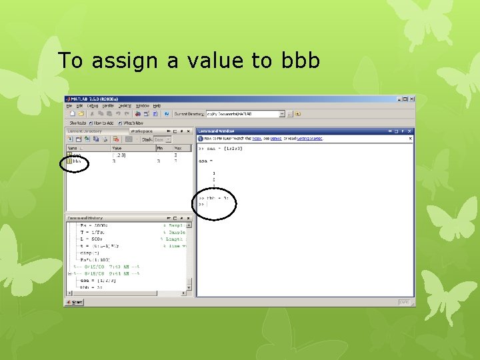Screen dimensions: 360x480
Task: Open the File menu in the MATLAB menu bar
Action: (x=69, y=105)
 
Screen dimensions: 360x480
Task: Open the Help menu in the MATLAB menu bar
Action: (x=157, y=105)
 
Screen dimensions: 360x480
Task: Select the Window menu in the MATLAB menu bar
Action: (x=142, y=105)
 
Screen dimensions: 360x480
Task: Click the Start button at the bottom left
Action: (x=74, y=302)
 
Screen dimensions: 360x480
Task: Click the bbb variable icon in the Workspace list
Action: (x=69, y=161)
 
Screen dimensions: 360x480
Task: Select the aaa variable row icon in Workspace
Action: (x=69, y=155)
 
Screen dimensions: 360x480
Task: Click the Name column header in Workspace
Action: (x=72, y=148)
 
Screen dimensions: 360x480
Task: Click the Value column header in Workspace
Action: (x=117, y=148)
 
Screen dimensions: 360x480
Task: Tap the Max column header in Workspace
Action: (x=177, y=148)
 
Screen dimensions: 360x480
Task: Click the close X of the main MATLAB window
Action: (x=410, y=99)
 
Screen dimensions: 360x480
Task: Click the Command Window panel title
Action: (x=213, y=131)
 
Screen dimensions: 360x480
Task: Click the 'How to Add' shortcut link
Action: (x=103, y=123)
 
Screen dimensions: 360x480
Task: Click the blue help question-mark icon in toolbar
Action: (x=167, y=114)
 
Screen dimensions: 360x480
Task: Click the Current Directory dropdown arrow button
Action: (x=282, y=114)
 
